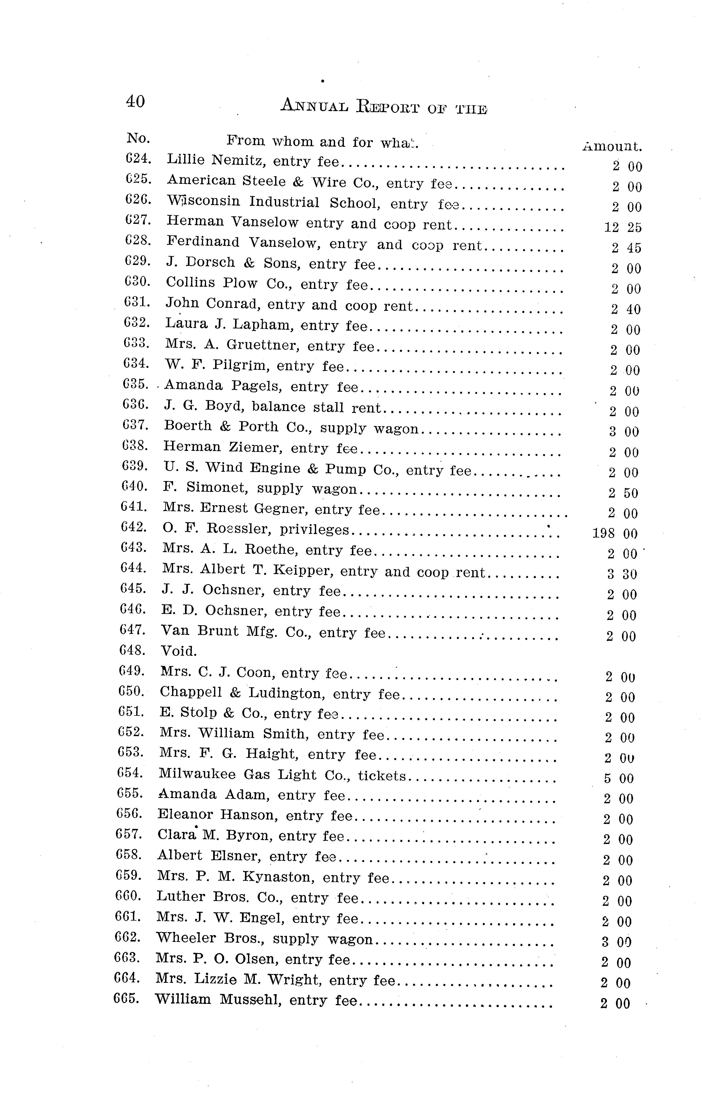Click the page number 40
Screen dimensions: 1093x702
tap(135, 101)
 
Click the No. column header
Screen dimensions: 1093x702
tap(138, 138)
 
